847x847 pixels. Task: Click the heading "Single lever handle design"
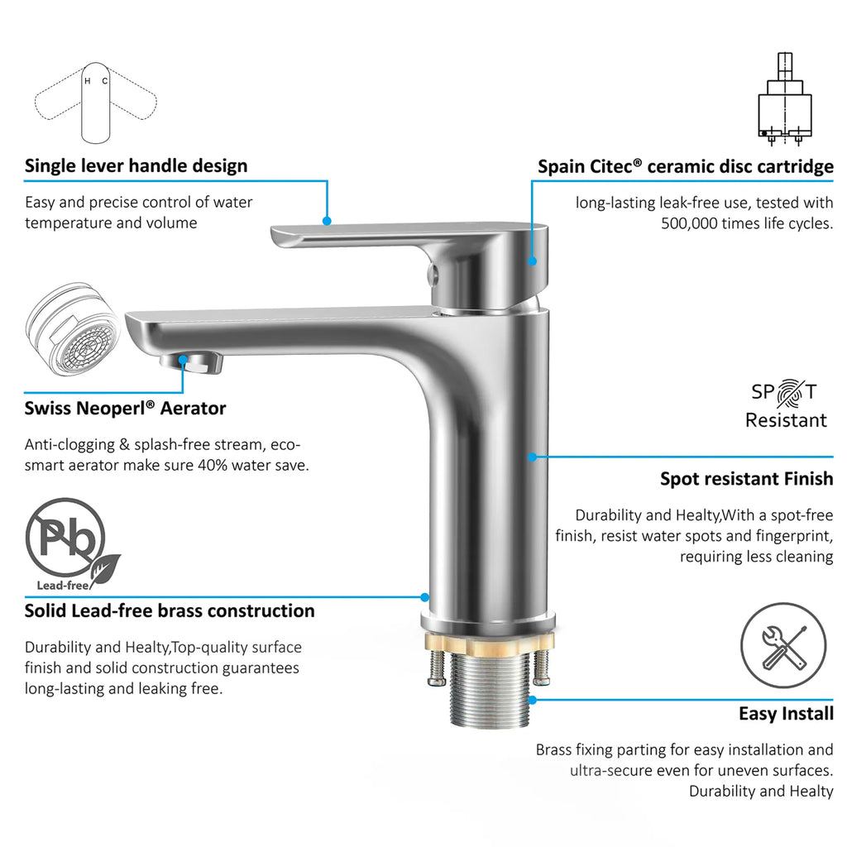coord(136,165)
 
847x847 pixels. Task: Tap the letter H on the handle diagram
coord(88,82)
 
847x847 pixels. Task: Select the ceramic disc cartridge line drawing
coord(784,99)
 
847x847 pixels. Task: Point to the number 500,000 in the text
coord(691,223)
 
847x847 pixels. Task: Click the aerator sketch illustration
coord(73,329)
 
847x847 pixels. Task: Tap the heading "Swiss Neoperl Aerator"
coord(125,409)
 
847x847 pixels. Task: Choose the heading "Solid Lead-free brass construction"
coord(169,611)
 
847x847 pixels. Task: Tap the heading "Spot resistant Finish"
coord(747,479)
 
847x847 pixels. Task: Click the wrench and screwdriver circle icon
coord(783,645)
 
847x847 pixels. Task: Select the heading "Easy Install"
coord(786,714)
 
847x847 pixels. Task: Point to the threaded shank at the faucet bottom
coord(490,689)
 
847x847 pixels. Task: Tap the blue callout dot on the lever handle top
coord(326,221)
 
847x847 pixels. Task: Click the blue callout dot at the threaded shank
coord(532,700)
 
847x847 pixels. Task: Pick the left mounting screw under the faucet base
coord(437,668)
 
